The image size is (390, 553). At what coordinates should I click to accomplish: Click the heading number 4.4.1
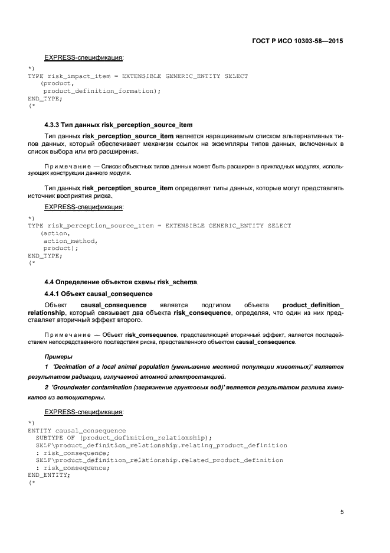point(54,294)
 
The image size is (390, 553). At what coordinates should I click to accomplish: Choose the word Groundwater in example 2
point(75,387)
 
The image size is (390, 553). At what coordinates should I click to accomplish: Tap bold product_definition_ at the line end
point(313,305)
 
